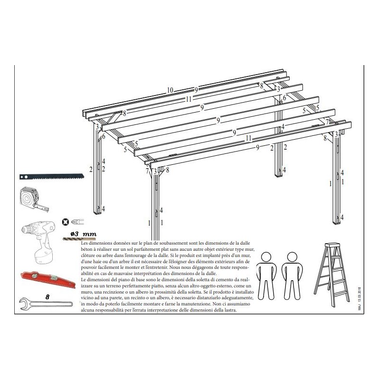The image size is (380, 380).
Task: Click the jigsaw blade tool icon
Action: pyautogui.click(x=52, y=176)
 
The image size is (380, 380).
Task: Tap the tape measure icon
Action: pyautogui.click(x=34, y=199)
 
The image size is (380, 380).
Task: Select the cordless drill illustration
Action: pyautogui.click(x=39, y=242)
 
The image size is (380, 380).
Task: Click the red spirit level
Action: pyautogui.click(x=48, y=279)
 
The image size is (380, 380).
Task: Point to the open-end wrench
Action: pyautogui.click(x=46, y=304)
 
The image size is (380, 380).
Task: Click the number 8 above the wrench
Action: pyautogui.click(x=47, y=296)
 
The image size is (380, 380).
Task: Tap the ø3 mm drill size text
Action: pyautogui.click(x=84, y=234)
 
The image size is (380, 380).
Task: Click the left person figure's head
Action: pyautogui.click(x=266, y=257)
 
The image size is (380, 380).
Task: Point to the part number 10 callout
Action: pyautogui.click(x=170, y=90)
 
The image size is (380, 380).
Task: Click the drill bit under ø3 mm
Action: pyautogui.click(x=79, y=239)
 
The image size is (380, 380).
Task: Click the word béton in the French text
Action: pyautogui.click(x=86, y=249)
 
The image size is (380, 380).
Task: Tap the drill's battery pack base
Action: pyautogui.click(x=44, y=256)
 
